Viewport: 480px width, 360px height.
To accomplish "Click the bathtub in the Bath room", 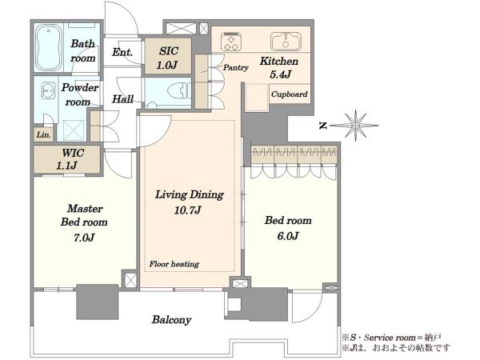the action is tap(49, 48).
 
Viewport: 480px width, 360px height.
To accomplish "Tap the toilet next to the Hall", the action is tap(179, 90).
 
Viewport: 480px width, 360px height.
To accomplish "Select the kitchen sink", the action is tap(286, 42).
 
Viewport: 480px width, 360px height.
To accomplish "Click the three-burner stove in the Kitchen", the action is tap(231, 42).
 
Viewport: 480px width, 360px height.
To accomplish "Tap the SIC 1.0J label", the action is tap(168, 58).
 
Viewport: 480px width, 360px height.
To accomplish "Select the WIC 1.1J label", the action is tap(67, 159).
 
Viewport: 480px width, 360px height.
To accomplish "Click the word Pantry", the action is tap(235, 68).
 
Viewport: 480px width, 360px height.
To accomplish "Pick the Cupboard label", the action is tap(290, 94).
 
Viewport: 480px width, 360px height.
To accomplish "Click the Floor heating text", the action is tap(174, 264).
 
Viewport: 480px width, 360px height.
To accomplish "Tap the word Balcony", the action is tap(172, 320).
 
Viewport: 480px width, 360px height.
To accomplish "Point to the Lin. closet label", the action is tap(44, 134).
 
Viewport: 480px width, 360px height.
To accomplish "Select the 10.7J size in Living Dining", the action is tap(188, 210).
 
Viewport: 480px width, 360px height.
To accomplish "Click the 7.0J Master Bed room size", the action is tap(84, 238).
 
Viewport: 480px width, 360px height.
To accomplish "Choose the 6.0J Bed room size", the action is tap(288, 236).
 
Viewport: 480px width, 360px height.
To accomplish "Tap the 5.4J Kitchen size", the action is tap(280, 74).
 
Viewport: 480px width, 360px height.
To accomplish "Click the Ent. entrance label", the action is tap(122, 52).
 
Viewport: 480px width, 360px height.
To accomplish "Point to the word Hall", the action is tap(122, 99).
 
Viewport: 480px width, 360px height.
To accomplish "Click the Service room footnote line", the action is tap(391, 338).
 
